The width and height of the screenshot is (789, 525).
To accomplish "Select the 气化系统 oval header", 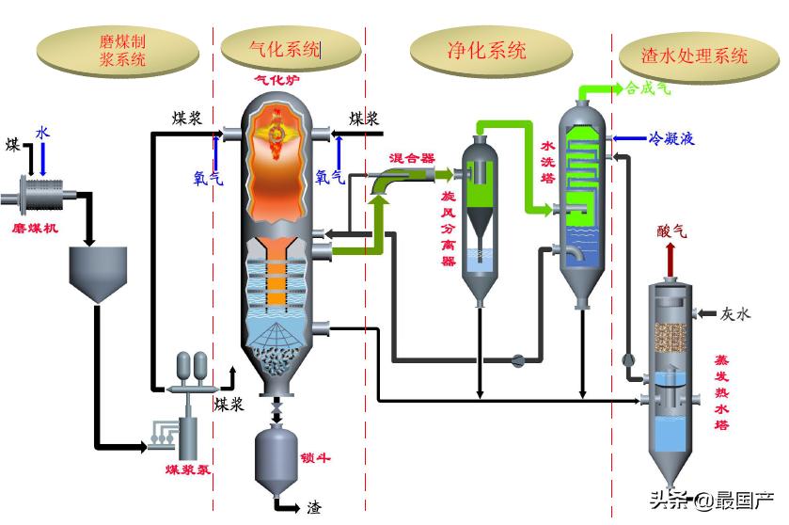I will pyautogui.click(x=290, y=49).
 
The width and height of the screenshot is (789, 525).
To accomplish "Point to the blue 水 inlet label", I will pyautogui.click(x=42, y=134).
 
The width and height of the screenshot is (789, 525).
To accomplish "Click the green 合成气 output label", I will pyautogui.click(x=647, y=89).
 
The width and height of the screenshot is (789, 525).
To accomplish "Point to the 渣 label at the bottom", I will pyautogui.click(x=314, y=508).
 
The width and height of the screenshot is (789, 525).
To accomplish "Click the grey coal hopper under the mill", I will pyautogui.click(x=98, y=273).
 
